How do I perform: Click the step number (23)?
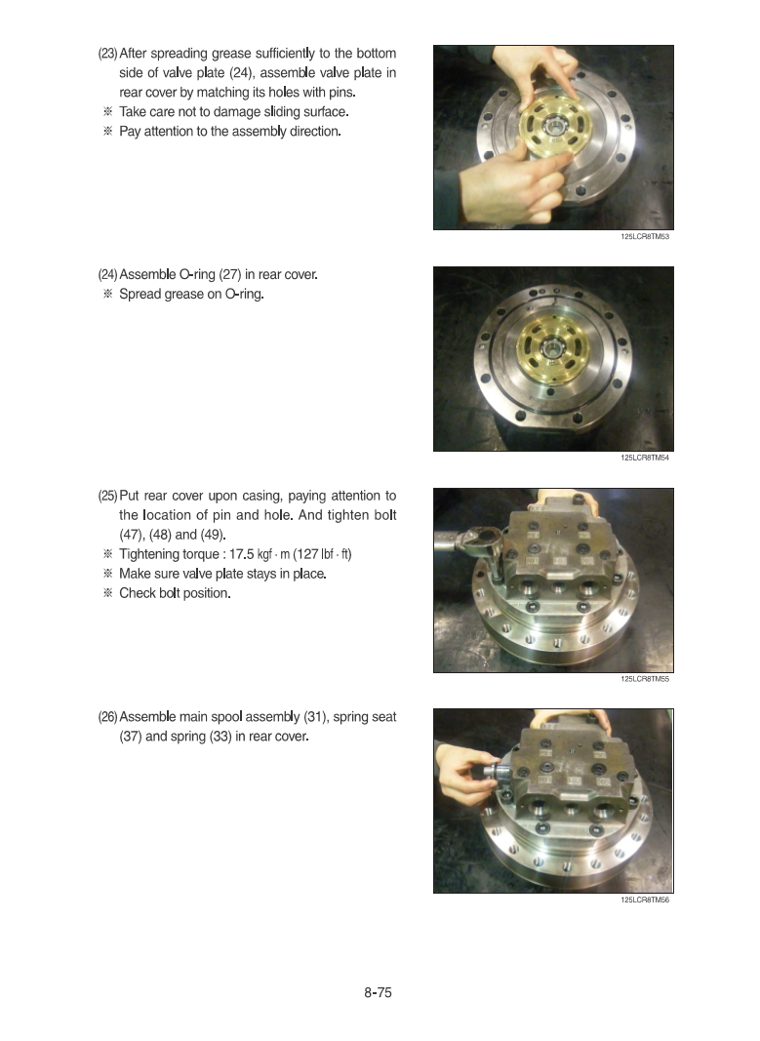[x=107, y=53]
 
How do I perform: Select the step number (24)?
[x=107, y=274]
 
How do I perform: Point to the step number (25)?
[x=107, y=496]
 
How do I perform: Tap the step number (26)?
[x=107, y=717]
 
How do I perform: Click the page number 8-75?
[x=378, y=992]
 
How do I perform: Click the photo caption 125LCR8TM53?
[x=645, y=236]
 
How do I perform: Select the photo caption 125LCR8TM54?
[x=645, y=458]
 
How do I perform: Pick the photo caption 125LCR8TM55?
[x=645, y=679]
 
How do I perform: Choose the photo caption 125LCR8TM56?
[x=645, y=901]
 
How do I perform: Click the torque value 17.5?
[x=242, y=554]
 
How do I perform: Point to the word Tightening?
[x=149, y=554]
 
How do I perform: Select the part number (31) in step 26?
[x=314, y=717]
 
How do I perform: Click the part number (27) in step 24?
[x=229, y=274]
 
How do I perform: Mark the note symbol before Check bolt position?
[x=107, y=593]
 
